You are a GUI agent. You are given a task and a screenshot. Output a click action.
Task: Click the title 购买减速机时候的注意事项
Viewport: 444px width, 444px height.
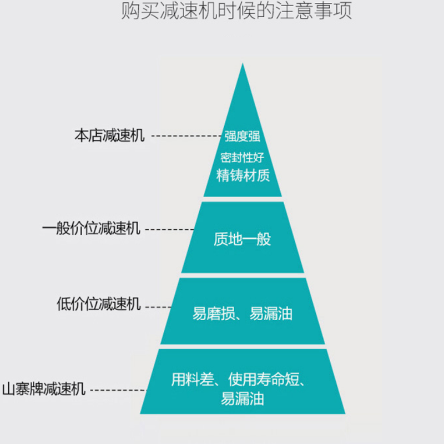point(236,11)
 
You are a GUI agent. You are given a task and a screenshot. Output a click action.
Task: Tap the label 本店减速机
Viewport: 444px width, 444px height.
point(109,135)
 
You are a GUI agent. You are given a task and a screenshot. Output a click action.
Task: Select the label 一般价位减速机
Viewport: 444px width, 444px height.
point(91,228)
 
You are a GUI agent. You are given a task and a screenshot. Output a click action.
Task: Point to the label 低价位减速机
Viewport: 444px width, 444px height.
point(99,304)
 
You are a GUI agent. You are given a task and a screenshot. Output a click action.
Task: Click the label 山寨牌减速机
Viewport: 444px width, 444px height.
point(44,389)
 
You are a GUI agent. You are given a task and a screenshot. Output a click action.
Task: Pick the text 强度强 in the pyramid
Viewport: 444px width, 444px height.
point(243,136)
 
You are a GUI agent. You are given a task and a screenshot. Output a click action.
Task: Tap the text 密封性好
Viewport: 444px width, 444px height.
point(243,158)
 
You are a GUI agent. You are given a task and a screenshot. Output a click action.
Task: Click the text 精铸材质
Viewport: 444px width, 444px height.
point(243,175)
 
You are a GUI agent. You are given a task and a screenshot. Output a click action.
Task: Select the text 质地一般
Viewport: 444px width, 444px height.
point(243,239)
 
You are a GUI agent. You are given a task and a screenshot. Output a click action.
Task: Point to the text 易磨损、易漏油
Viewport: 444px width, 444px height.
point(243,314)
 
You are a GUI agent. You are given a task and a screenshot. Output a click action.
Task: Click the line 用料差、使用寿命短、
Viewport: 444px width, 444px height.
point(239,380)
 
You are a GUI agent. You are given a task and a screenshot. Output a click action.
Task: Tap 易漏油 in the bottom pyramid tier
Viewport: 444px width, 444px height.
point(243,398)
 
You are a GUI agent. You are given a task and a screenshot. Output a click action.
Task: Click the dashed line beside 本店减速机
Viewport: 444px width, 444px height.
point(186,136)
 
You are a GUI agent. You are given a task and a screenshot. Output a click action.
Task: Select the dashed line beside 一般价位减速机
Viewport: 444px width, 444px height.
point(170,229)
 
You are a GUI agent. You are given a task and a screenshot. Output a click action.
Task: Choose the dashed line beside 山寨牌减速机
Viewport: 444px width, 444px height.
point(119,390)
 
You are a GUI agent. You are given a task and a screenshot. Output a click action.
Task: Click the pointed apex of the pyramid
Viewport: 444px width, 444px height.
point(243,63)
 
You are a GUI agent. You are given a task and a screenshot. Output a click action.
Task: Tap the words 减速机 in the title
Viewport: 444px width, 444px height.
point(189,11)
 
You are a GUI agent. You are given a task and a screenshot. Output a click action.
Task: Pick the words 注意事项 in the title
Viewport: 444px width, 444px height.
point(314,11)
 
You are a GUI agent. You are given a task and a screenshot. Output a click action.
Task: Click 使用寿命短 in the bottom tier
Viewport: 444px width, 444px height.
point(264,380)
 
